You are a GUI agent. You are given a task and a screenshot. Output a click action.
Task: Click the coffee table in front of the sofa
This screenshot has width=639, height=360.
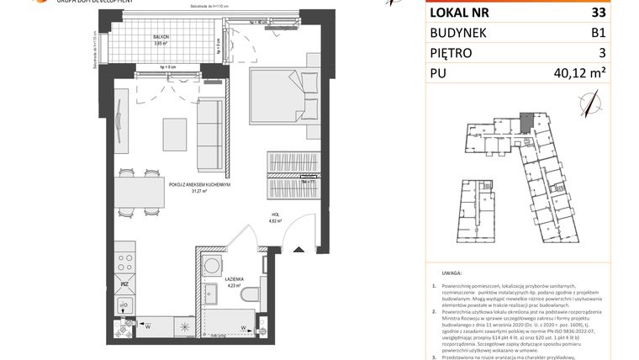coord(175,134)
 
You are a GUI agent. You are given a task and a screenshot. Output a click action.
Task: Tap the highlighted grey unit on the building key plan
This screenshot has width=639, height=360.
coord(525,124)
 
